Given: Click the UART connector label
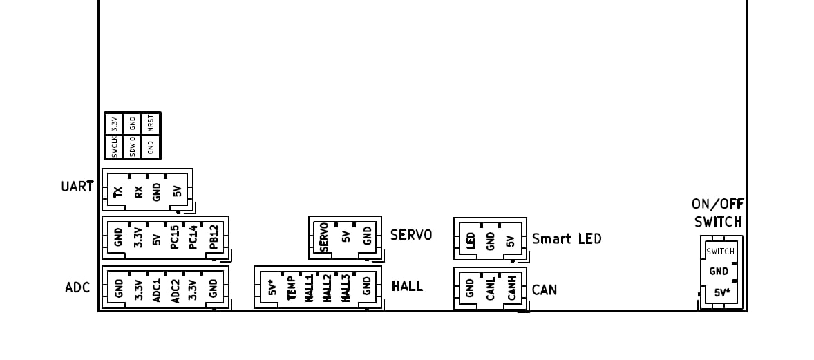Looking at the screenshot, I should click(x=76, y=187).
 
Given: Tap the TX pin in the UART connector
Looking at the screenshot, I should click(x=118, y=193).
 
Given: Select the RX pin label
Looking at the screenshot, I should click(x=138, y=193).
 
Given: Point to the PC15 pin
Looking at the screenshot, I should click(x=175, y=236).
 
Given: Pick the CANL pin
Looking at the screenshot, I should click(x=490, y=289).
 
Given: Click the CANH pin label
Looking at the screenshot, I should click(x=511, y=289).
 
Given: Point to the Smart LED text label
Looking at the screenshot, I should click(x=567, y=239).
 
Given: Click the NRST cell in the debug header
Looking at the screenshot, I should click(x=151, y=123).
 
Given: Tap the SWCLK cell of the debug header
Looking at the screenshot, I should click(x=114, y=146).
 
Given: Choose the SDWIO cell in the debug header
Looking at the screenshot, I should click(x=132, y=146).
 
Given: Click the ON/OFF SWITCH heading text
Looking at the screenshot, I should click(x=717, y=213).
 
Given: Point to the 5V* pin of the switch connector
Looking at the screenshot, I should click(x=720, y=293).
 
